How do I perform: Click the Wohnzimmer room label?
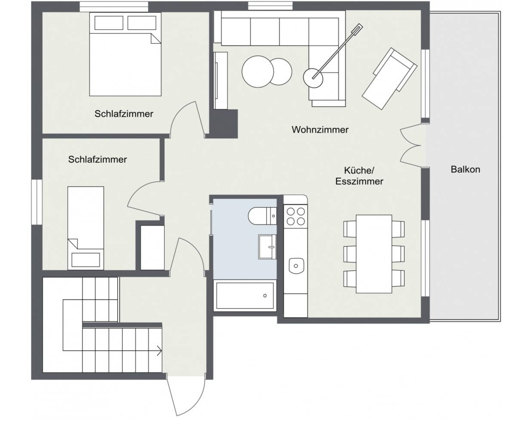point(320,130)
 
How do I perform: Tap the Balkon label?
point(465,169)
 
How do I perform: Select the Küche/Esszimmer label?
point(359,176)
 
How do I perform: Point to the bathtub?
point(244,296)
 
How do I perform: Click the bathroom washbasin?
point(268,246)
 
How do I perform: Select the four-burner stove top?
point(296,216)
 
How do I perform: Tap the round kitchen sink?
point(296,265)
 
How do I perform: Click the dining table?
point(374,253)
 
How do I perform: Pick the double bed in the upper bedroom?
point(125,55)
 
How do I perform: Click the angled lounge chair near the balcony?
point(389,79)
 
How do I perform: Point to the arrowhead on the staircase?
point(160,351)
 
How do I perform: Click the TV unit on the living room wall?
point(221,81)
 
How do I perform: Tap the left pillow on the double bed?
point(109,23)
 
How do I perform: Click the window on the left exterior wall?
point(37,202)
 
